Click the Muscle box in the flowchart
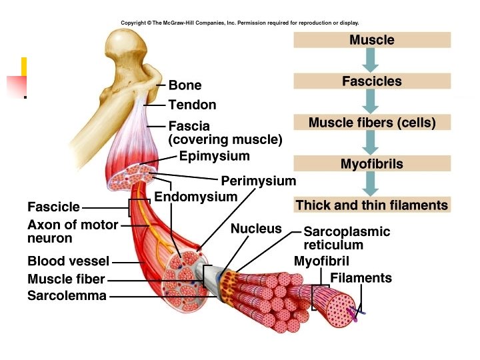pos(372,40)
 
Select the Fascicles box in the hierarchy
pos(372,81)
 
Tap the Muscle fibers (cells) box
pos(372,123)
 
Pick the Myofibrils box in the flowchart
pos(372,164)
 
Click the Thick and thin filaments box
pos(372,205)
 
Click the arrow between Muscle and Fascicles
pos(372,61)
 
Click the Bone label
pos(185,85)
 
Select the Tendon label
pos(192,105)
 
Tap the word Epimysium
pos(214,157)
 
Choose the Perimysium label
pos(258,181)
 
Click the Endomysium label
pos(195,197)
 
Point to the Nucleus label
pos(256,229)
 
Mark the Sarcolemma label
pos(67,295)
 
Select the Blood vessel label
pos(68,261)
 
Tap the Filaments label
pos(361,278)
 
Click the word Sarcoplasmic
pos(347,232)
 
